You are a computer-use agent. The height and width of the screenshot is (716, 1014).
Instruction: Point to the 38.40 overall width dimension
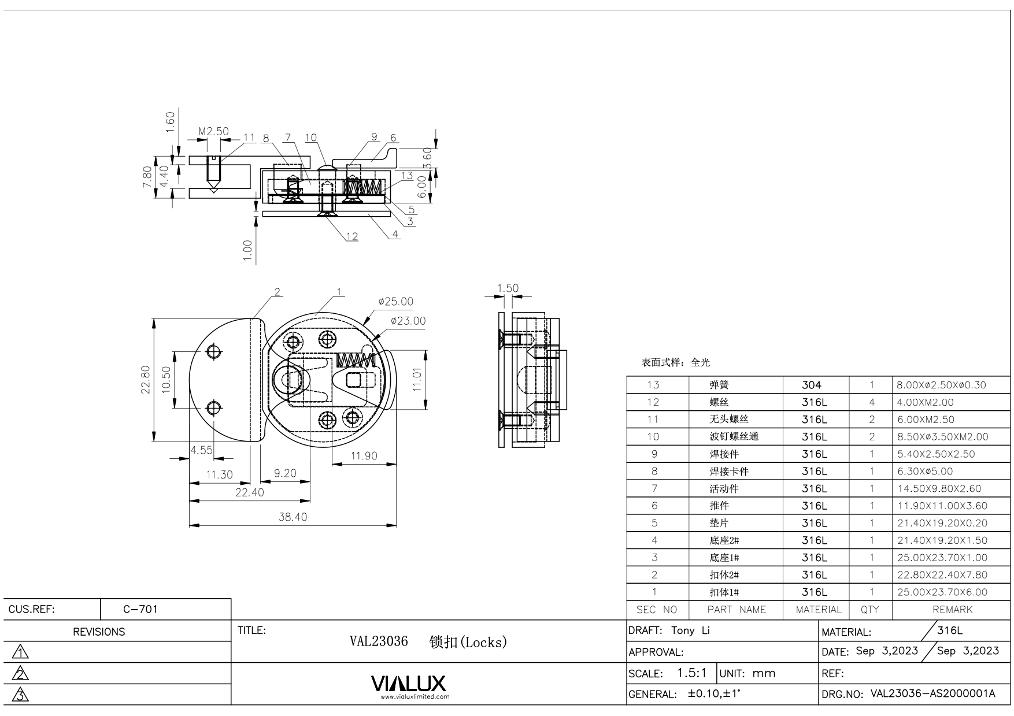(293, 517)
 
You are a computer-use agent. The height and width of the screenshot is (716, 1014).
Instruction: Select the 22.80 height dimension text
(145, 380)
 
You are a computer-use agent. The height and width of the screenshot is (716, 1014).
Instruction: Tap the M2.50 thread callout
(213, 132)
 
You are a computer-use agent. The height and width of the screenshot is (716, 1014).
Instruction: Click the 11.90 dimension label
(364, 456)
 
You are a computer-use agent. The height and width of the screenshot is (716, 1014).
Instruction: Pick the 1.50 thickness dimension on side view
(508, 288)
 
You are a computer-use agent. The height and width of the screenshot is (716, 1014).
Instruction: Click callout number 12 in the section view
(352, 236)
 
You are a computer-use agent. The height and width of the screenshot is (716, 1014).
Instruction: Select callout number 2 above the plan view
(277, 292)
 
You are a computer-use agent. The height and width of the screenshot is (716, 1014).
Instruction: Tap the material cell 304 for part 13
(812, 385)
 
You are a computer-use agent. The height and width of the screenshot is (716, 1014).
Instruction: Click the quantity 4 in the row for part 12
(871, 402)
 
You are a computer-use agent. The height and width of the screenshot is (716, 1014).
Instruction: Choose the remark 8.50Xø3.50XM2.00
(943, 437)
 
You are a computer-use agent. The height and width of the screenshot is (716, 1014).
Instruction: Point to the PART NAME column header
(736, 610)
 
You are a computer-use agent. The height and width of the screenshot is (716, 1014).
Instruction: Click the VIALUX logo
(408, 684)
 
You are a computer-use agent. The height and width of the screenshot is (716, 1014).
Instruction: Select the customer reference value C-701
(140, 609)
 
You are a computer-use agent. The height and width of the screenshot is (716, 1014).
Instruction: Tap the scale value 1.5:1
(691, 673)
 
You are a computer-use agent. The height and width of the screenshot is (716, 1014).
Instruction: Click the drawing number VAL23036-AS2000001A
(932, 693)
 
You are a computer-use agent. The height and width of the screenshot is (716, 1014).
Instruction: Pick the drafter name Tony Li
(690, 630)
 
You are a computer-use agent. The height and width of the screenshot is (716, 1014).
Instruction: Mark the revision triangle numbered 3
(21, 695)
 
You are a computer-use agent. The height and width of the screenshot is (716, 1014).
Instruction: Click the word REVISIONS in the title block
(99, 632)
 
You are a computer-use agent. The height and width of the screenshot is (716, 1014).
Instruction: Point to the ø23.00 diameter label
(408, 321)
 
